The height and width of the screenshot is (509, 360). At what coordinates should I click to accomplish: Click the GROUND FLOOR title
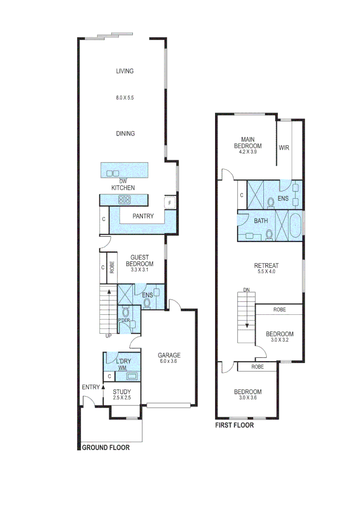point(106,448)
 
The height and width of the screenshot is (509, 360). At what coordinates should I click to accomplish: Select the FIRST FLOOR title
point(235,425)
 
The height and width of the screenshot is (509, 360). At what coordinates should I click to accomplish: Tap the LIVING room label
point(125,71)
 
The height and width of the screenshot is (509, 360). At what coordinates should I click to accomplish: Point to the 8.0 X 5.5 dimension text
point(125,98)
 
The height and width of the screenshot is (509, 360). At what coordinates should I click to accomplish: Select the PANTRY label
point(143,216)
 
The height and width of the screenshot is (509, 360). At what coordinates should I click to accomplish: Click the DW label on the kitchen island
point(123,181)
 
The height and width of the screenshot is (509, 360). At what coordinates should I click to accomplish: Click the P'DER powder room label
point(124,321)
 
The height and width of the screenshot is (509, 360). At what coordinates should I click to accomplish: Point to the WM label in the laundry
point(122,367)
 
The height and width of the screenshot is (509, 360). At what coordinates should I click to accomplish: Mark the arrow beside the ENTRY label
point(103,388)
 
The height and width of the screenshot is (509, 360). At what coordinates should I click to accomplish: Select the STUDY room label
point(122,392)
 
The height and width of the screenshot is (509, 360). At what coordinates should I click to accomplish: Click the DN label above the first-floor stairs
point(246,289)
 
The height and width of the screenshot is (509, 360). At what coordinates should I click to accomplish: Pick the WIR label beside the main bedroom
point(284,148)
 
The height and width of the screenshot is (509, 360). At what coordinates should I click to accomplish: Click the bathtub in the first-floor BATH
point(295,226)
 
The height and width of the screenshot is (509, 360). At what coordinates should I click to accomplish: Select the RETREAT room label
point(266,265)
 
